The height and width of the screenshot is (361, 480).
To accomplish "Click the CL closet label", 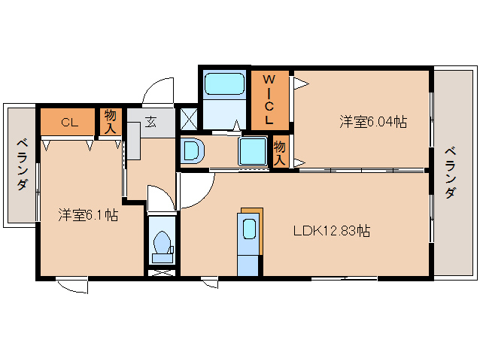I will tap(68, 121).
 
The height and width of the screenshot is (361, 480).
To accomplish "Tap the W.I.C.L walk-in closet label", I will tap(268, 99).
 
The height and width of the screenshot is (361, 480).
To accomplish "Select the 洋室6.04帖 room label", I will tap(372, 121).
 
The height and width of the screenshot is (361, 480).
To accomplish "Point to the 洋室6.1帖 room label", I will tap(88, 215).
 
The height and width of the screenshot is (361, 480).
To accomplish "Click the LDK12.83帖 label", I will tap(331, 231).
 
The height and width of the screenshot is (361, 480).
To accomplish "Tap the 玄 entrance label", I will tap(150, 122).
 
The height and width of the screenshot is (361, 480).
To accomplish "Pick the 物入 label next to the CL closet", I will tap(110, 120).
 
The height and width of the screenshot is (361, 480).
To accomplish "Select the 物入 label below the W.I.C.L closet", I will tap(280, 152).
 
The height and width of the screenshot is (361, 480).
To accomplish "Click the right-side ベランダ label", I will tap(449, 171).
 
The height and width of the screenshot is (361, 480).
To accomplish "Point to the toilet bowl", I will tap(162, 245).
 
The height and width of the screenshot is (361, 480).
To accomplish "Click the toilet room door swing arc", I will tap(160, 198).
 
